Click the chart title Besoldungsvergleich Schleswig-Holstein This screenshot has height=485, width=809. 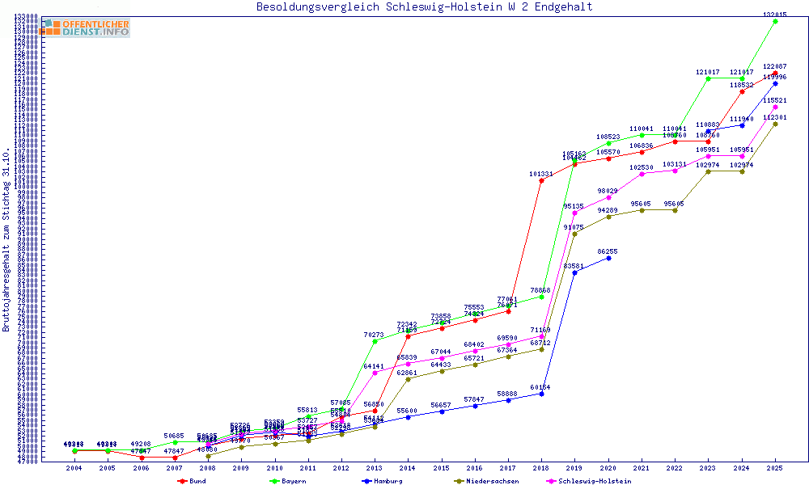424,7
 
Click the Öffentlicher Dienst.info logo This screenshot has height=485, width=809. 86,28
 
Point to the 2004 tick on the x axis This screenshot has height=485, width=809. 74,468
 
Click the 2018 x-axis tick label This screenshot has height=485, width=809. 541,468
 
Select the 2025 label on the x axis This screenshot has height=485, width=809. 775,468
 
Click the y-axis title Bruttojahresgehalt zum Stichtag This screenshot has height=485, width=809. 6,240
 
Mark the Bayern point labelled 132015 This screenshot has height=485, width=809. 775,21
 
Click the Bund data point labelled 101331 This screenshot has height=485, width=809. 541,180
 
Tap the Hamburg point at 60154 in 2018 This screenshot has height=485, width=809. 541,394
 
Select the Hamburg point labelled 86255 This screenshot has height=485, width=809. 608,258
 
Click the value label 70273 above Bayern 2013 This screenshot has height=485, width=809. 374,335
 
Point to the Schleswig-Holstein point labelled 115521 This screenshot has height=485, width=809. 775,107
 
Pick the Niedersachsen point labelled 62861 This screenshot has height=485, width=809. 408,379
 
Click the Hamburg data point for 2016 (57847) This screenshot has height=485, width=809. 475,406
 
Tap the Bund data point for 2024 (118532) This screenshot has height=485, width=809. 742,91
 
